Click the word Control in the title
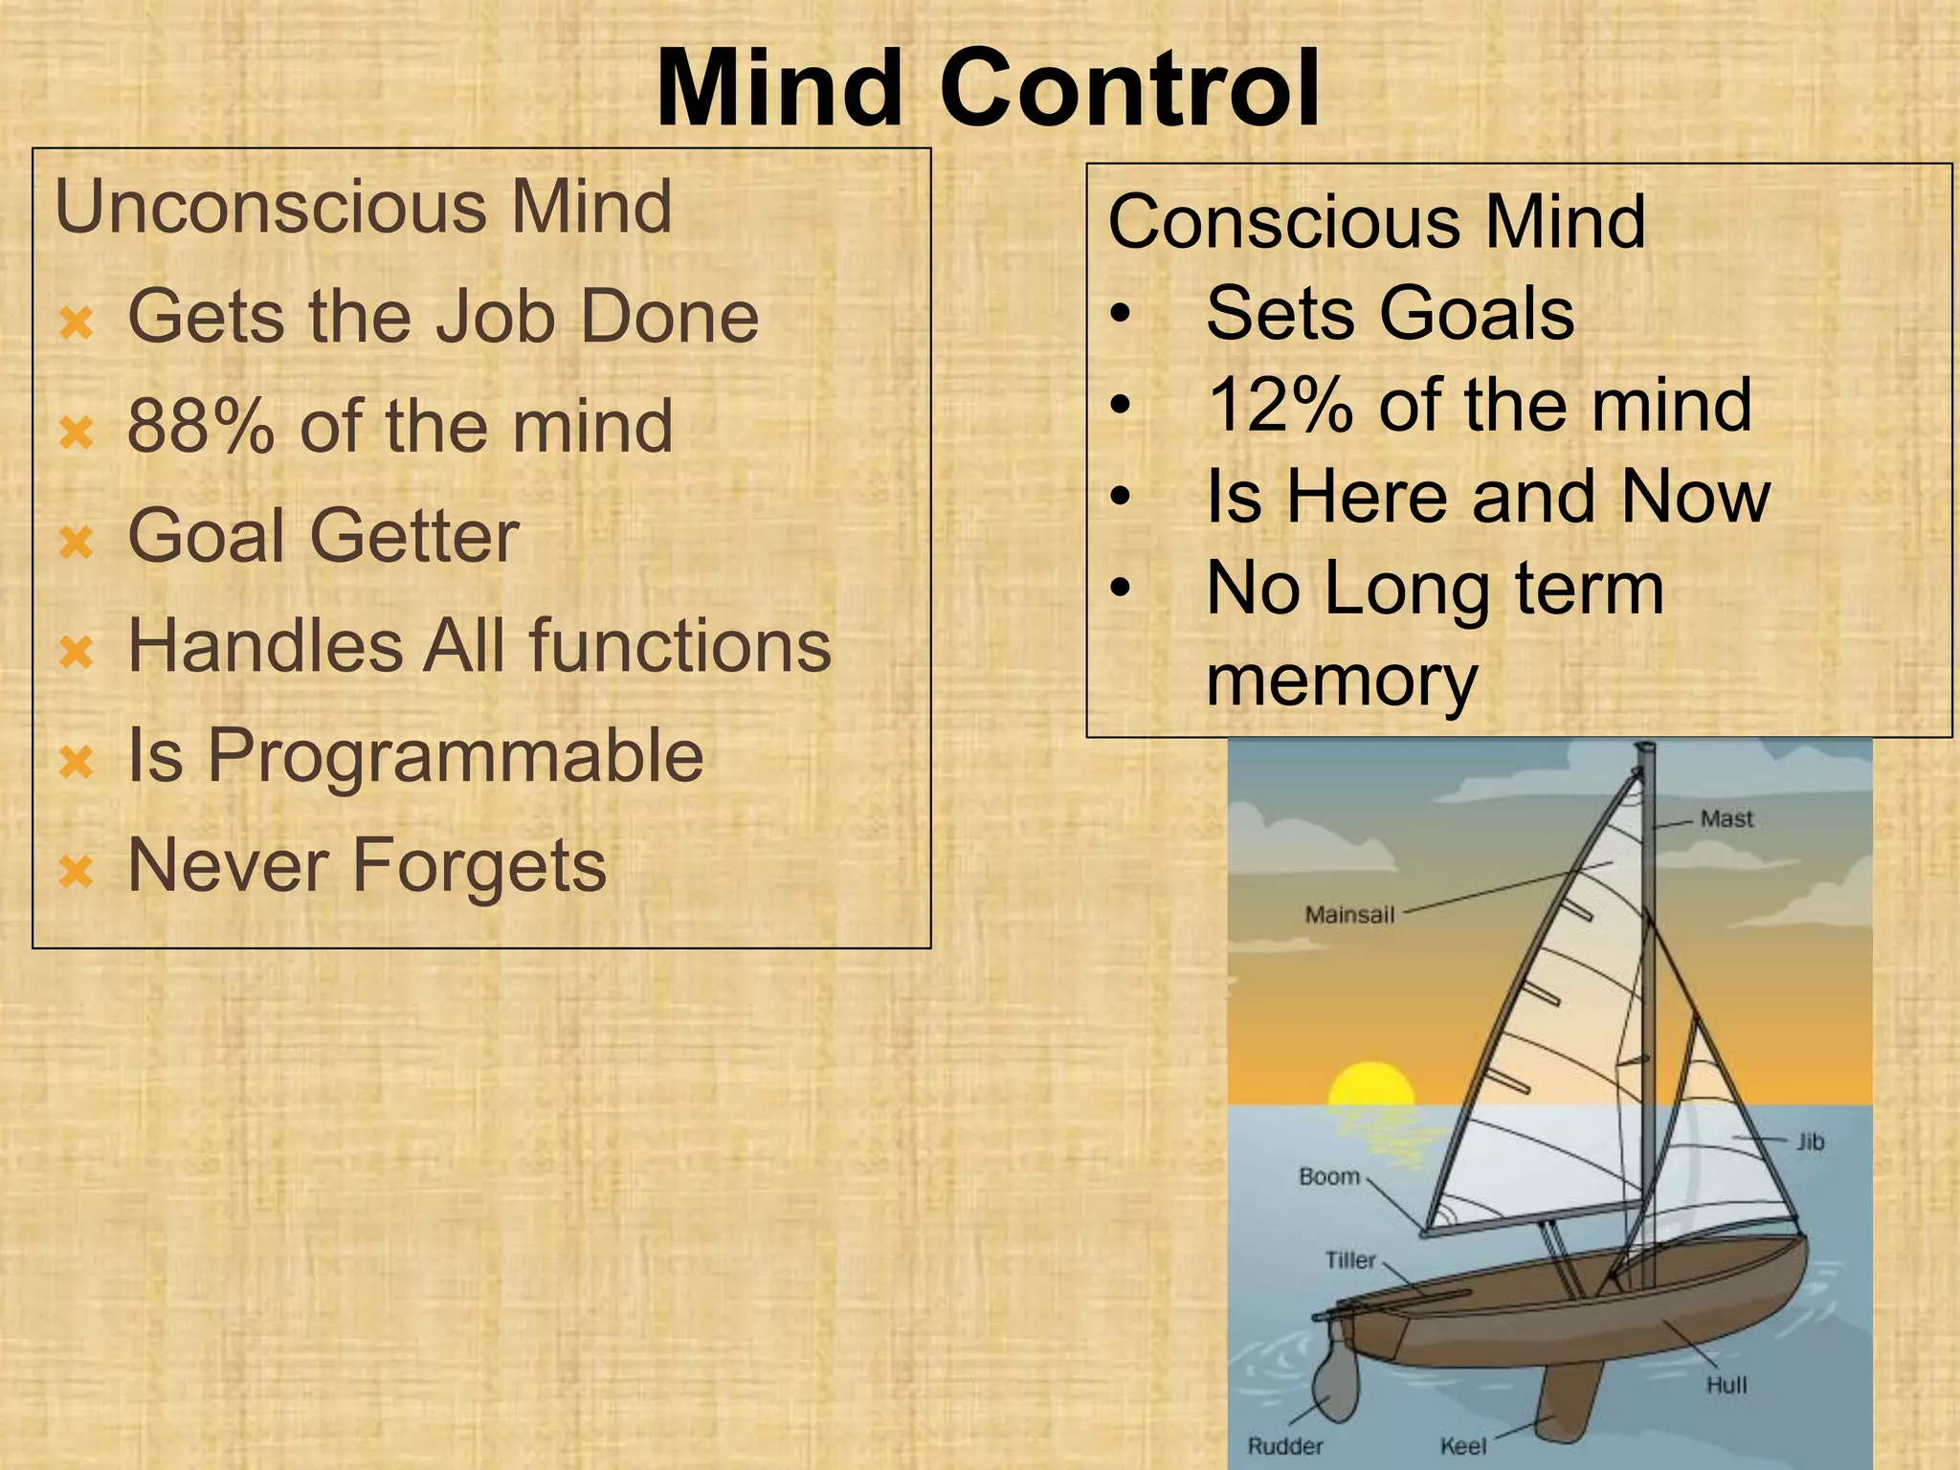(x=1129, y=91)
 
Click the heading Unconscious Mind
(x=364, y=207)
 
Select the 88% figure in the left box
(x=199, y=426)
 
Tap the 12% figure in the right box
(x=1279, y=405)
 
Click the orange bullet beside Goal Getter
(x=77, y=543)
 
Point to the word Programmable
(x=456, y=756)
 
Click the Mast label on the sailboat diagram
(x=1726, y=819)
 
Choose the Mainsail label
(x=1349, y=915)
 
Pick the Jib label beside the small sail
(x=1809, y=1142)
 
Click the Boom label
(x=1329, y=1176)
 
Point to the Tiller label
(x=1349, y=1260)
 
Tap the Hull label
(x=1726, y=1385)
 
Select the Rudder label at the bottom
(x=1284, y=1446)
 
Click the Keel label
(x=1463, y=1446)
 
